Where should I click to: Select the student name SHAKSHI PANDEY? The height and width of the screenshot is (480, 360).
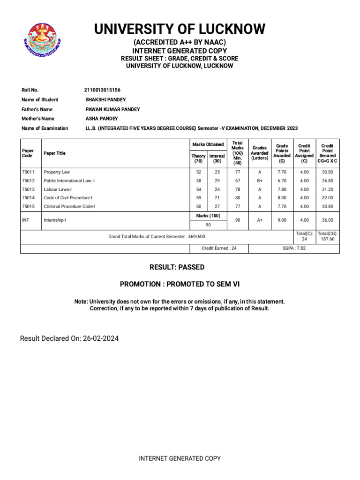click(x=105, y=99)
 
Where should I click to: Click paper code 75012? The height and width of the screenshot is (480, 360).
click(x=28, y=180)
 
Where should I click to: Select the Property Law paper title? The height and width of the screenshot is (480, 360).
click(x=57, y=172)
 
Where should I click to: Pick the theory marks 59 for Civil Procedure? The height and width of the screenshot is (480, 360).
click(x=199, y=198)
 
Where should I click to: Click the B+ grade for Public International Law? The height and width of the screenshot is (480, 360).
click(x=260, y=180)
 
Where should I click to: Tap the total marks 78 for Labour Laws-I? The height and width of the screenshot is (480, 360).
click(x=238, y=189)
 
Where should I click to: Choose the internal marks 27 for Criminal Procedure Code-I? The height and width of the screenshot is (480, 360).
click(x=217, y=206)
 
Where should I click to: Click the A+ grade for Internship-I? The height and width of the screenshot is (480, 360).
click(x=260, y=220)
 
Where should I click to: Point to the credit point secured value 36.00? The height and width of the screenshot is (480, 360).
click(x=328, y=220)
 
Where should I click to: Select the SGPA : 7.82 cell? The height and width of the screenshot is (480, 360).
click(x=294, y=248)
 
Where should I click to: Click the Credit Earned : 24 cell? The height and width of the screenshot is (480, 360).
click(x=219, y=248)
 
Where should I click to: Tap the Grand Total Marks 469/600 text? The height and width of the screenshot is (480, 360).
click(x=157, y=237)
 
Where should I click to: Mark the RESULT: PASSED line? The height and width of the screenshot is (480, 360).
click(x=177, y=267)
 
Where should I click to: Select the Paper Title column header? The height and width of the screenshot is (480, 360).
click(x=54, y=153)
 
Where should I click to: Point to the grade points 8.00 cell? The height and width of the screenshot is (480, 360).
click(x=282, y=198)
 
